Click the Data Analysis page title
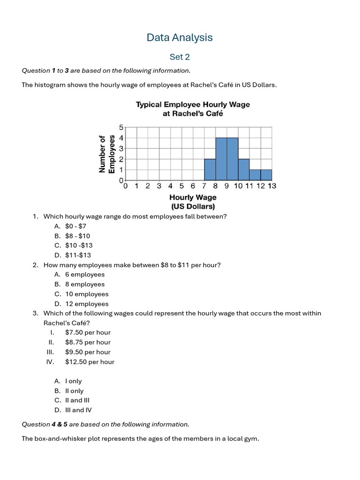tap(180, 37)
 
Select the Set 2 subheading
tap(180, 57)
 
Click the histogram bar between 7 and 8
tap(210, 170)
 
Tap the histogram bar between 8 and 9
tap(221, 159)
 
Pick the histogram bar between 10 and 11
tap(244, 170)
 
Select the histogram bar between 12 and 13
tap(266, 175)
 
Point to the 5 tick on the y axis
tap(121, 127)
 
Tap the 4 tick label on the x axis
tap(170, 186)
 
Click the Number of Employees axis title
tap(107, 154)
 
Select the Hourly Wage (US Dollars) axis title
tap(193, 202)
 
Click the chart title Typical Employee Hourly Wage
tap(193, 105)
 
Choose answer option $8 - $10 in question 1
tap(77, 236)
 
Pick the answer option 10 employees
tap(87, 294)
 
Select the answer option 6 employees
tap(85, 275)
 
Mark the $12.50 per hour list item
tap(90, 362)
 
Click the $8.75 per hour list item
tap(88, 342)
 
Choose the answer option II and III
tap(77, 400)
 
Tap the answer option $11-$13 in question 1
tap(78, 255)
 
